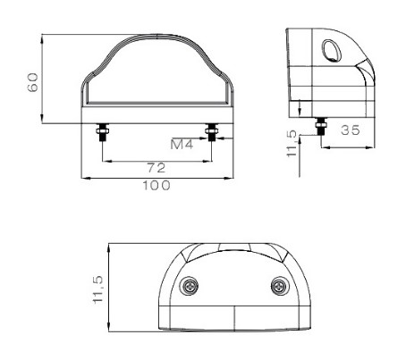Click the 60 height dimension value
click(x=33, y=83)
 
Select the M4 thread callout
click(x=183, y=143)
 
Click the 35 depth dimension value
click(x=351, y=130)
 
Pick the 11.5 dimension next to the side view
click(x=290, y=143)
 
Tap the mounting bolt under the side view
click(x=320, y=128)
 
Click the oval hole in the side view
click(x=330, y=50)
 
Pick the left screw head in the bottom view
click(x=190, y=286)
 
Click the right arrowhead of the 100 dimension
click(x=228, y=178)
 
